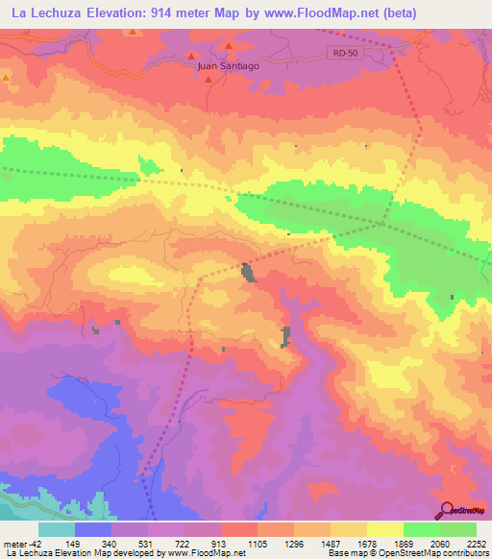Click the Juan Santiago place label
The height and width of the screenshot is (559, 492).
point(228,65)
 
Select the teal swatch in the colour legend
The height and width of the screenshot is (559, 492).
point(57,529)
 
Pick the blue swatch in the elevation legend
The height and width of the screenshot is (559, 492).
point(93,529)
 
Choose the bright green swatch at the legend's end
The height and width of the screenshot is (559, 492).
point(458,529)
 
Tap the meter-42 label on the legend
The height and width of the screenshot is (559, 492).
point(22,543)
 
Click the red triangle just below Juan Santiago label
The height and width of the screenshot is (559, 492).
point(207,80)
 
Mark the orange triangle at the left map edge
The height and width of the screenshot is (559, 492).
point(6,77)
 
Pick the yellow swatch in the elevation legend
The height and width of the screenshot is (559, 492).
point(385,529)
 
